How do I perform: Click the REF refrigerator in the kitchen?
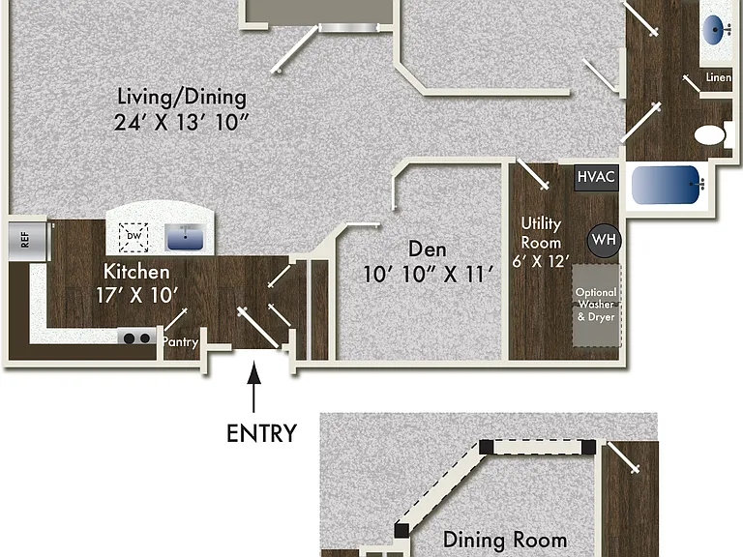[28, 241]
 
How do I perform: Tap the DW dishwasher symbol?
[134, 237]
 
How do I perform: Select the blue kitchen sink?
[185, 237]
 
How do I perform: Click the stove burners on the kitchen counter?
[137, 337]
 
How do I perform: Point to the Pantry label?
[180, 342]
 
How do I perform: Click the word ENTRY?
[261, 433]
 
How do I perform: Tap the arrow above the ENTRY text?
[254, 387]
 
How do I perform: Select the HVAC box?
[596, 177]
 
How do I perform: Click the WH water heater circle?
[604, 240]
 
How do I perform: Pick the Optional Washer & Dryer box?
[596, 306]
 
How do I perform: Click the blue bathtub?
[669, 185]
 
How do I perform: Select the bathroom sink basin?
[716, 30]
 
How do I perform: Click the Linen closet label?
[719, 77]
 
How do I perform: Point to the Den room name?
[428, 249]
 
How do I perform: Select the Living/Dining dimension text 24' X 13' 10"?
[182, 122]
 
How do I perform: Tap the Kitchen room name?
[136, 272]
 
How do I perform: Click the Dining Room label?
[505, 540]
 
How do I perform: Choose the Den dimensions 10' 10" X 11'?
[428, 275]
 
